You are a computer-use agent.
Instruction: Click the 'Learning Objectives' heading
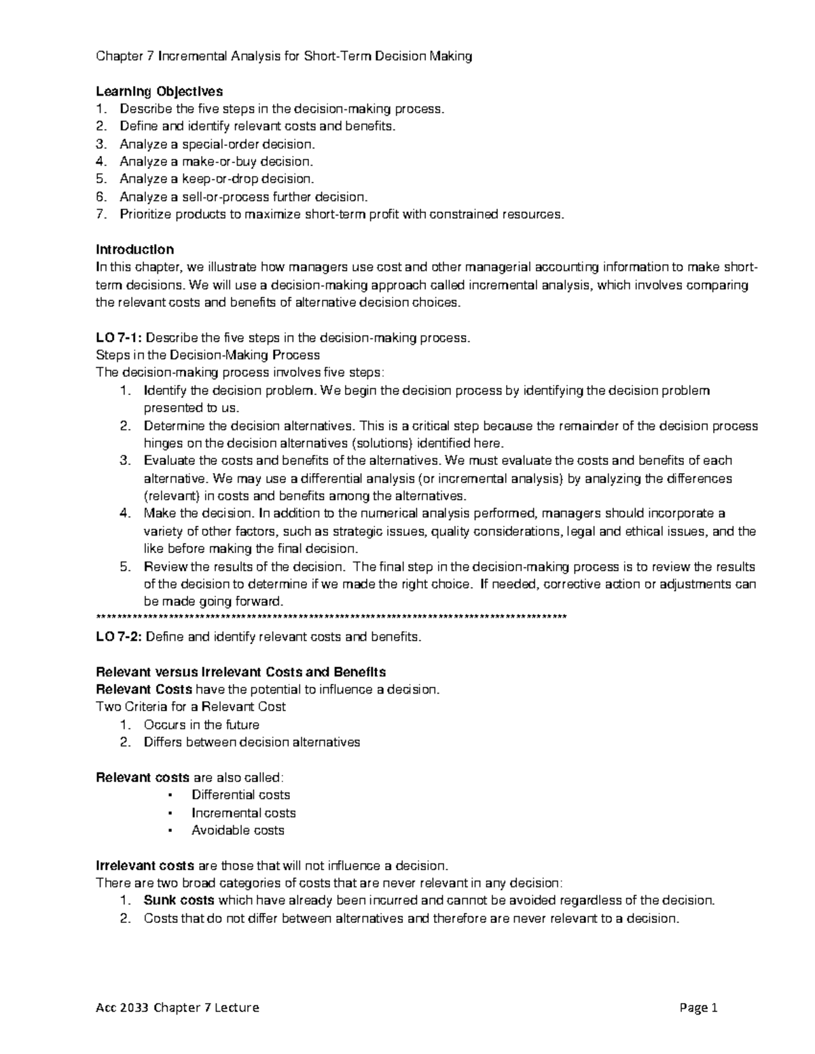click(159, 91)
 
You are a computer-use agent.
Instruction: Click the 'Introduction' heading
click(134, 249)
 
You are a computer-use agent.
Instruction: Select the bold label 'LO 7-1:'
click(120, 337)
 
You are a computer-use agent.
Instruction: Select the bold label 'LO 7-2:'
click(120, 637)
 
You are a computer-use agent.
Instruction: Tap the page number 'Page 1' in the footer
click(698, 1008)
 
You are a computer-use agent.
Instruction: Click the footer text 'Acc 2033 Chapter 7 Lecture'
click(177, 1008)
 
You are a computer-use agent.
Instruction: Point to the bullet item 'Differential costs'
click(240, 795)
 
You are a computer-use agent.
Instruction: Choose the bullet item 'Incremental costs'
click(243, 812)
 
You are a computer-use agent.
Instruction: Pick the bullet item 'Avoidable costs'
click(238, 830)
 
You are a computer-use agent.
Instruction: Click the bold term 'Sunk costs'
click(179, 901)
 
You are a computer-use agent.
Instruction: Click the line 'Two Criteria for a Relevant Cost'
click(191, 707)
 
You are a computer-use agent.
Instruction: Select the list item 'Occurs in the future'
click(201, 725)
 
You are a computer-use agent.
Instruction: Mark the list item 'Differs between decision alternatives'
click(251, 742)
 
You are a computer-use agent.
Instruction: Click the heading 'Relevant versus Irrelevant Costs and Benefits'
click(241, 672)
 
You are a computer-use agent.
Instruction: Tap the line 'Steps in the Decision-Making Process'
click(208, 355)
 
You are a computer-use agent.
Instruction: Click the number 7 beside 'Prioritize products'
click(101, 214)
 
